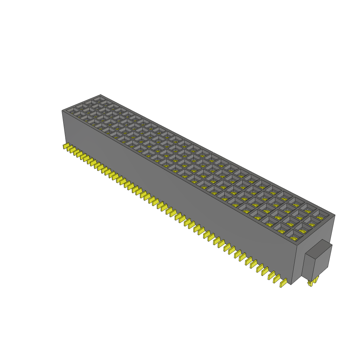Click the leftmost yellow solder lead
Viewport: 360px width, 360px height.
[65, 146]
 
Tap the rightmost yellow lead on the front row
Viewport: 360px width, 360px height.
[283, 283]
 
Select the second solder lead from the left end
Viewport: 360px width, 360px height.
[69, 149]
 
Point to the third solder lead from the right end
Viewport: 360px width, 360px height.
[270, 275]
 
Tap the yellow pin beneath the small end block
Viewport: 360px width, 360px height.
[312, 282]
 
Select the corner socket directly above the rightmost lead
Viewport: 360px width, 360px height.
[294, 237]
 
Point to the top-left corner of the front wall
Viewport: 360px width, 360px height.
[62, 111]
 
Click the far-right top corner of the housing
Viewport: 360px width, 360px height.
[334, 215]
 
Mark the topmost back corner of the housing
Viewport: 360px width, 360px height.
[101, 95]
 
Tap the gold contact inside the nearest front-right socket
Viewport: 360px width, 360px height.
[294, 239]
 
